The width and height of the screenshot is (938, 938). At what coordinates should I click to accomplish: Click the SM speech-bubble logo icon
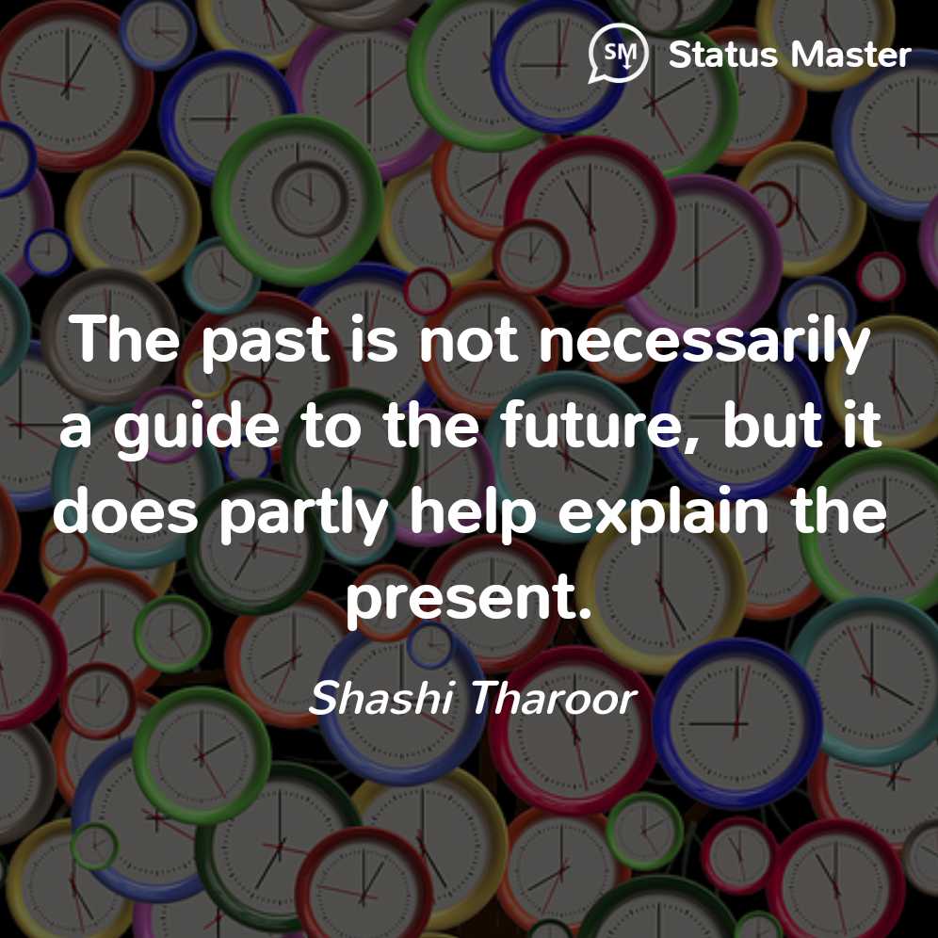tap(618, 54)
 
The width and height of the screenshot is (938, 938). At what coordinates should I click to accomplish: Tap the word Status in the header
tap(722, 55)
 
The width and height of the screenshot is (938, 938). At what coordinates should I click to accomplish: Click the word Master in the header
tap(850, 55)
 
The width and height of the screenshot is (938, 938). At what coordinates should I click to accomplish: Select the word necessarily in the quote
tap(704, 341)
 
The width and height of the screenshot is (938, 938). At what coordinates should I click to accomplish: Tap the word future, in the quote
tap(600, 425)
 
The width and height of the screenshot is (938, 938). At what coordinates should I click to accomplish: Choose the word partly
tap(304, 512)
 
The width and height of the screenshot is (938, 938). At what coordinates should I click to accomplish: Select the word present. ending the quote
tap(469, 599)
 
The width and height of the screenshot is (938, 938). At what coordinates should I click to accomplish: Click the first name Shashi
tap(381, 698)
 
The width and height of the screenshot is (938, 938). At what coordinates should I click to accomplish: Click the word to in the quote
tap(331, 426)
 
